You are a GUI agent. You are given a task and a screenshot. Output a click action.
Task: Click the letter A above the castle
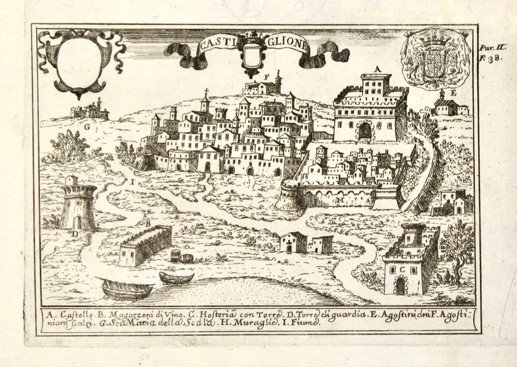(x=378, y=69)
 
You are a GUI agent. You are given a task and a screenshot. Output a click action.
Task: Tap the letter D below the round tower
(x=76, y=233)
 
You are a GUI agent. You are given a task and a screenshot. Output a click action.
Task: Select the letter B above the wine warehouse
(x=147, y=222)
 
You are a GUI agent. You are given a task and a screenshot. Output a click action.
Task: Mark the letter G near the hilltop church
(x=88, y=125)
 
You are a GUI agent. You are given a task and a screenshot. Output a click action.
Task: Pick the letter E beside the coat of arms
(x=453, y=92)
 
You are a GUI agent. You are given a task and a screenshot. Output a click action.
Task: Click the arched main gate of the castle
(x=365, y=131)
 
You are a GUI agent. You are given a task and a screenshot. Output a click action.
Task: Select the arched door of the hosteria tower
(x=401, y=286)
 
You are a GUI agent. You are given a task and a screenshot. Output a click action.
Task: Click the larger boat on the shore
(x=127, y=290)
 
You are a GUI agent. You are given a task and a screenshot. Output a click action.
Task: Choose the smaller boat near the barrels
(x=176, y=278)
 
